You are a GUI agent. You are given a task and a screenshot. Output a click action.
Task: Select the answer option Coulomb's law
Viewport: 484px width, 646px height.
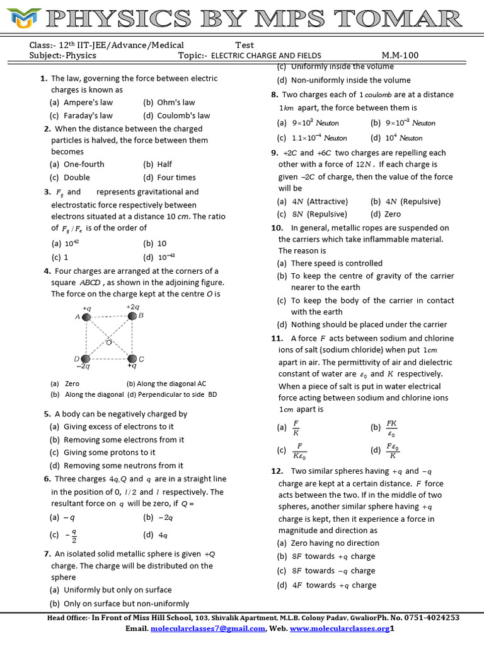[176, 115]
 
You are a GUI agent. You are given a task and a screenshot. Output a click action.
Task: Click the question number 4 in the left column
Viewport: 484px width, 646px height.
[47, 271]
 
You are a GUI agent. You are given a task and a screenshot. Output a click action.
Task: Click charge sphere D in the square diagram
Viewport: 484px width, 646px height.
[84, 358]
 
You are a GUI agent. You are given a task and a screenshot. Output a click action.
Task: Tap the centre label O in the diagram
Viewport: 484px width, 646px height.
[108, 343]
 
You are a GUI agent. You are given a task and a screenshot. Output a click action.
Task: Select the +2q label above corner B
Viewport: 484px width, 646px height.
[132, 307]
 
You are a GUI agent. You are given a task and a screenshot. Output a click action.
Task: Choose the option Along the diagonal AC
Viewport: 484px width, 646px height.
[166, 384]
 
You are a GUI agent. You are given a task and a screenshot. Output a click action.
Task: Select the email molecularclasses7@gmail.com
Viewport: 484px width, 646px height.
[208, 629]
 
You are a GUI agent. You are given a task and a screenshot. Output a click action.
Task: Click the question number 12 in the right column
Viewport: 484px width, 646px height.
[277, 471]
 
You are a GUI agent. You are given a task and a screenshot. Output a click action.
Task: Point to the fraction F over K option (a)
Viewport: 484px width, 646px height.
[296, 428]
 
